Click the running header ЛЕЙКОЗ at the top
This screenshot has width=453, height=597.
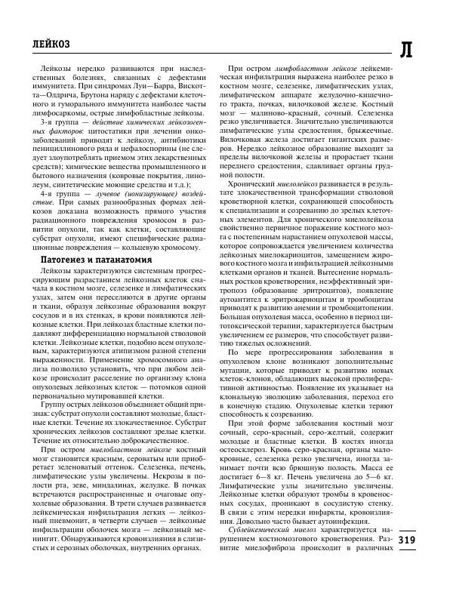click(46, 44)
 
